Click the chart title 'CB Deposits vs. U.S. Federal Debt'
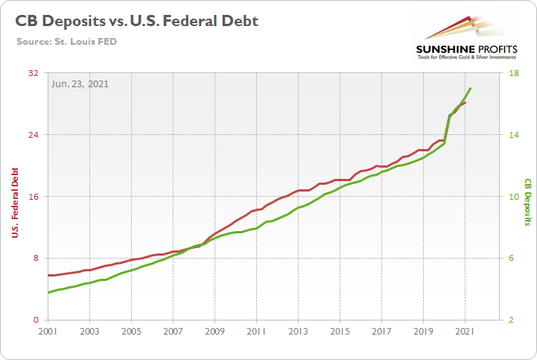point(137,21)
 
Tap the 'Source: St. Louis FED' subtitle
point(66,41)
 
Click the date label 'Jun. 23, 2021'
point(80,83)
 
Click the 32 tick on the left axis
point(34,73)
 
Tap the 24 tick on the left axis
point(34,135)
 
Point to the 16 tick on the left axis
point(34,197)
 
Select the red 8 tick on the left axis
point(36,258)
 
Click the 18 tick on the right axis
point(513,73)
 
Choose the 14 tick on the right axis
point(513,135)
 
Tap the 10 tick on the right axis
point(513,197)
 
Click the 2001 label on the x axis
point(48,331)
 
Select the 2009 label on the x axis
point(215,331)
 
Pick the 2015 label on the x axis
point(340,331)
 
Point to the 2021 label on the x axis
point(465,331)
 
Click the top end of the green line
point(471,88)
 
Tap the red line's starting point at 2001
point(48,275)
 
